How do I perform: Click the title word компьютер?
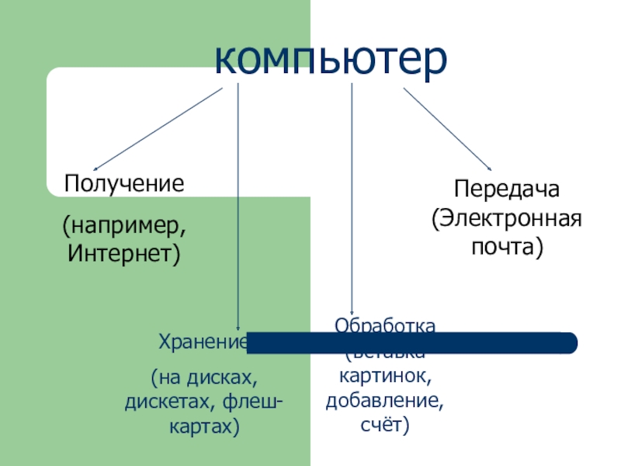click(331, 57)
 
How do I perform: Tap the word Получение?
click(124, 184)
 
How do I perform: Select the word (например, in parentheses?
click(124, 227)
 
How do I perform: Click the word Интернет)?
click(124, 252)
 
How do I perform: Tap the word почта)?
click(506, 247)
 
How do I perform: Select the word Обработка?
click(385, 324)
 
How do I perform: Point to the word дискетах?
click(172, 402)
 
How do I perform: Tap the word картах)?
click(203, 427)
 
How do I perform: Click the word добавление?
click(385, 402)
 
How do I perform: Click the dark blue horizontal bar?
click(411, 343)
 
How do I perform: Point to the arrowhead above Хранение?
click(238, 328)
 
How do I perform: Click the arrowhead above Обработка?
click(352, 311)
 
